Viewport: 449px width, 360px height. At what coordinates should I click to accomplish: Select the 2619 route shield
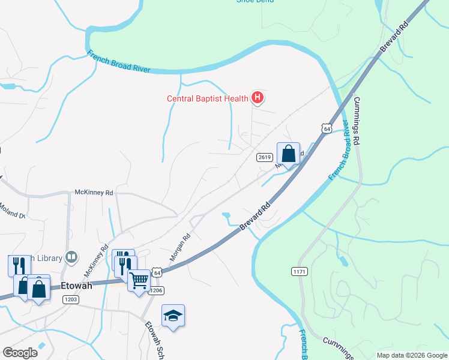pos(265,157)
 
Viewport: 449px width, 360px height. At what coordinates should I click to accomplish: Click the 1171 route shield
pos(300,272)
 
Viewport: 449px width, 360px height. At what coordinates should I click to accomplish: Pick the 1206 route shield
pos(155,290)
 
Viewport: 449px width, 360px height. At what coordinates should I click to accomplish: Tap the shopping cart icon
pos(139,280)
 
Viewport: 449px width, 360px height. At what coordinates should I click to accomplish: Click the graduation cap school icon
pos(173,316)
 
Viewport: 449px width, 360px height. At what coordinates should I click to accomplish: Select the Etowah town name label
pos(76,286)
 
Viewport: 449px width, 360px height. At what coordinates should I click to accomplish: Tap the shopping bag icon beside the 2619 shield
pos(288,154)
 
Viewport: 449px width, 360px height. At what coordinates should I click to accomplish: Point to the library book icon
pos(71,257)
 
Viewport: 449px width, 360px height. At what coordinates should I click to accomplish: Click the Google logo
pos(20,353)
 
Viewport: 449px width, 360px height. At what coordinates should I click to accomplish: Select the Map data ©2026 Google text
pos(412,355)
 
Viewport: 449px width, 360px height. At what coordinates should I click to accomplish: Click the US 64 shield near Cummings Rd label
pos(326,129)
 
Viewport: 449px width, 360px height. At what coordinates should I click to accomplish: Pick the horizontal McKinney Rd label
pos(94,193)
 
